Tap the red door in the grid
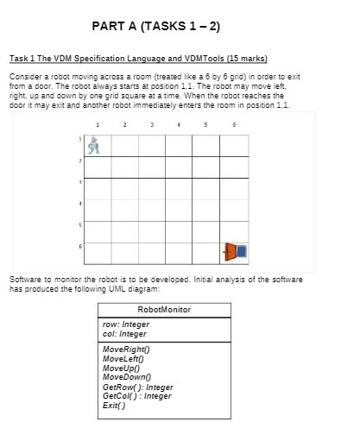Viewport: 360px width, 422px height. pos(231,251)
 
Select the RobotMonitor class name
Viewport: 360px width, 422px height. pos(164,309)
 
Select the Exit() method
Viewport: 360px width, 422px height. pos(113,395)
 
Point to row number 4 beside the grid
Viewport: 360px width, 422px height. pos(80,204)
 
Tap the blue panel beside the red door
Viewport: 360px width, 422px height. pos(242,251)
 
